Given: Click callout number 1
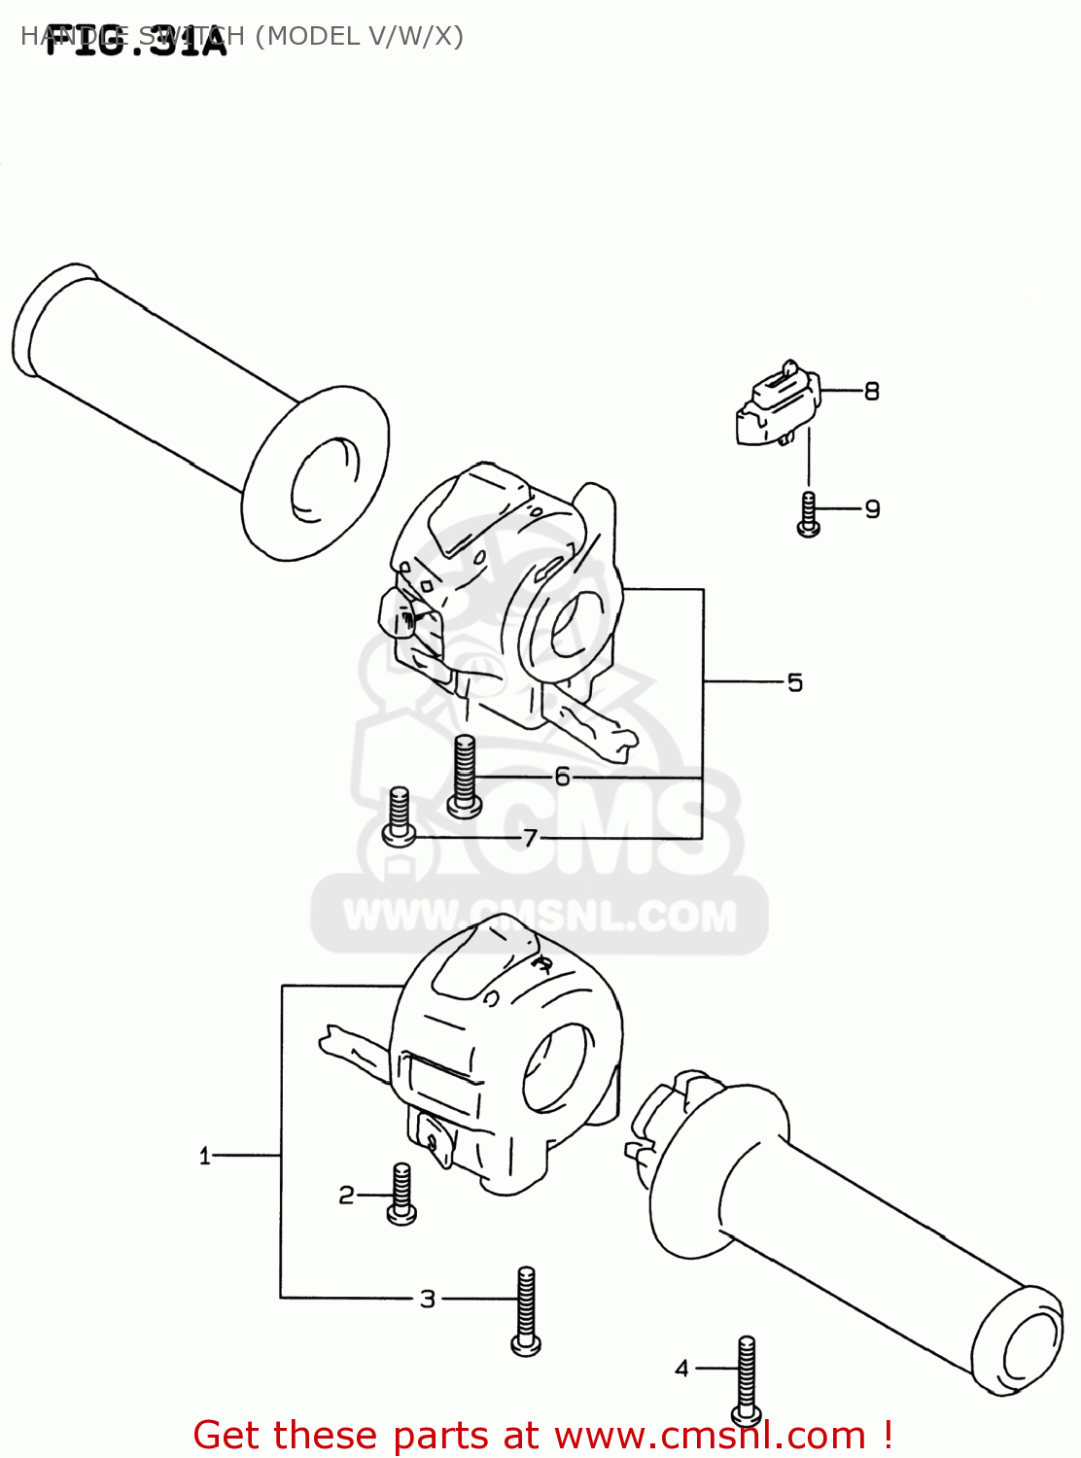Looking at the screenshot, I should coord(204,1156).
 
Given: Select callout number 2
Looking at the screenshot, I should coord(346,1196).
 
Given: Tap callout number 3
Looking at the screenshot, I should coord(428,1299).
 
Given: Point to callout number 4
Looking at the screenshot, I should coord(681,1369).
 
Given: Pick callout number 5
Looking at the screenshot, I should coord(795,683).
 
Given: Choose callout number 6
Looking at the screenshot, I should coord(562,777).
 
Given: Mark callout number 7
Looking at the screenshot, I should coord(530,838).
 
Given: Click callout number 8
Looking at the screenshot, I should coord(872,392).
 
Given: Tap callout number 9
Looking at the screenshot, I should coord(872,509).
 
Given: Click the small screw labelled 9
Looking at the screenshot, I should coord(808,514).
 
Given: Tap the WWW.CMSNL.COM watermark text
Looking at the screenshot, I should coord(540,917).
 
